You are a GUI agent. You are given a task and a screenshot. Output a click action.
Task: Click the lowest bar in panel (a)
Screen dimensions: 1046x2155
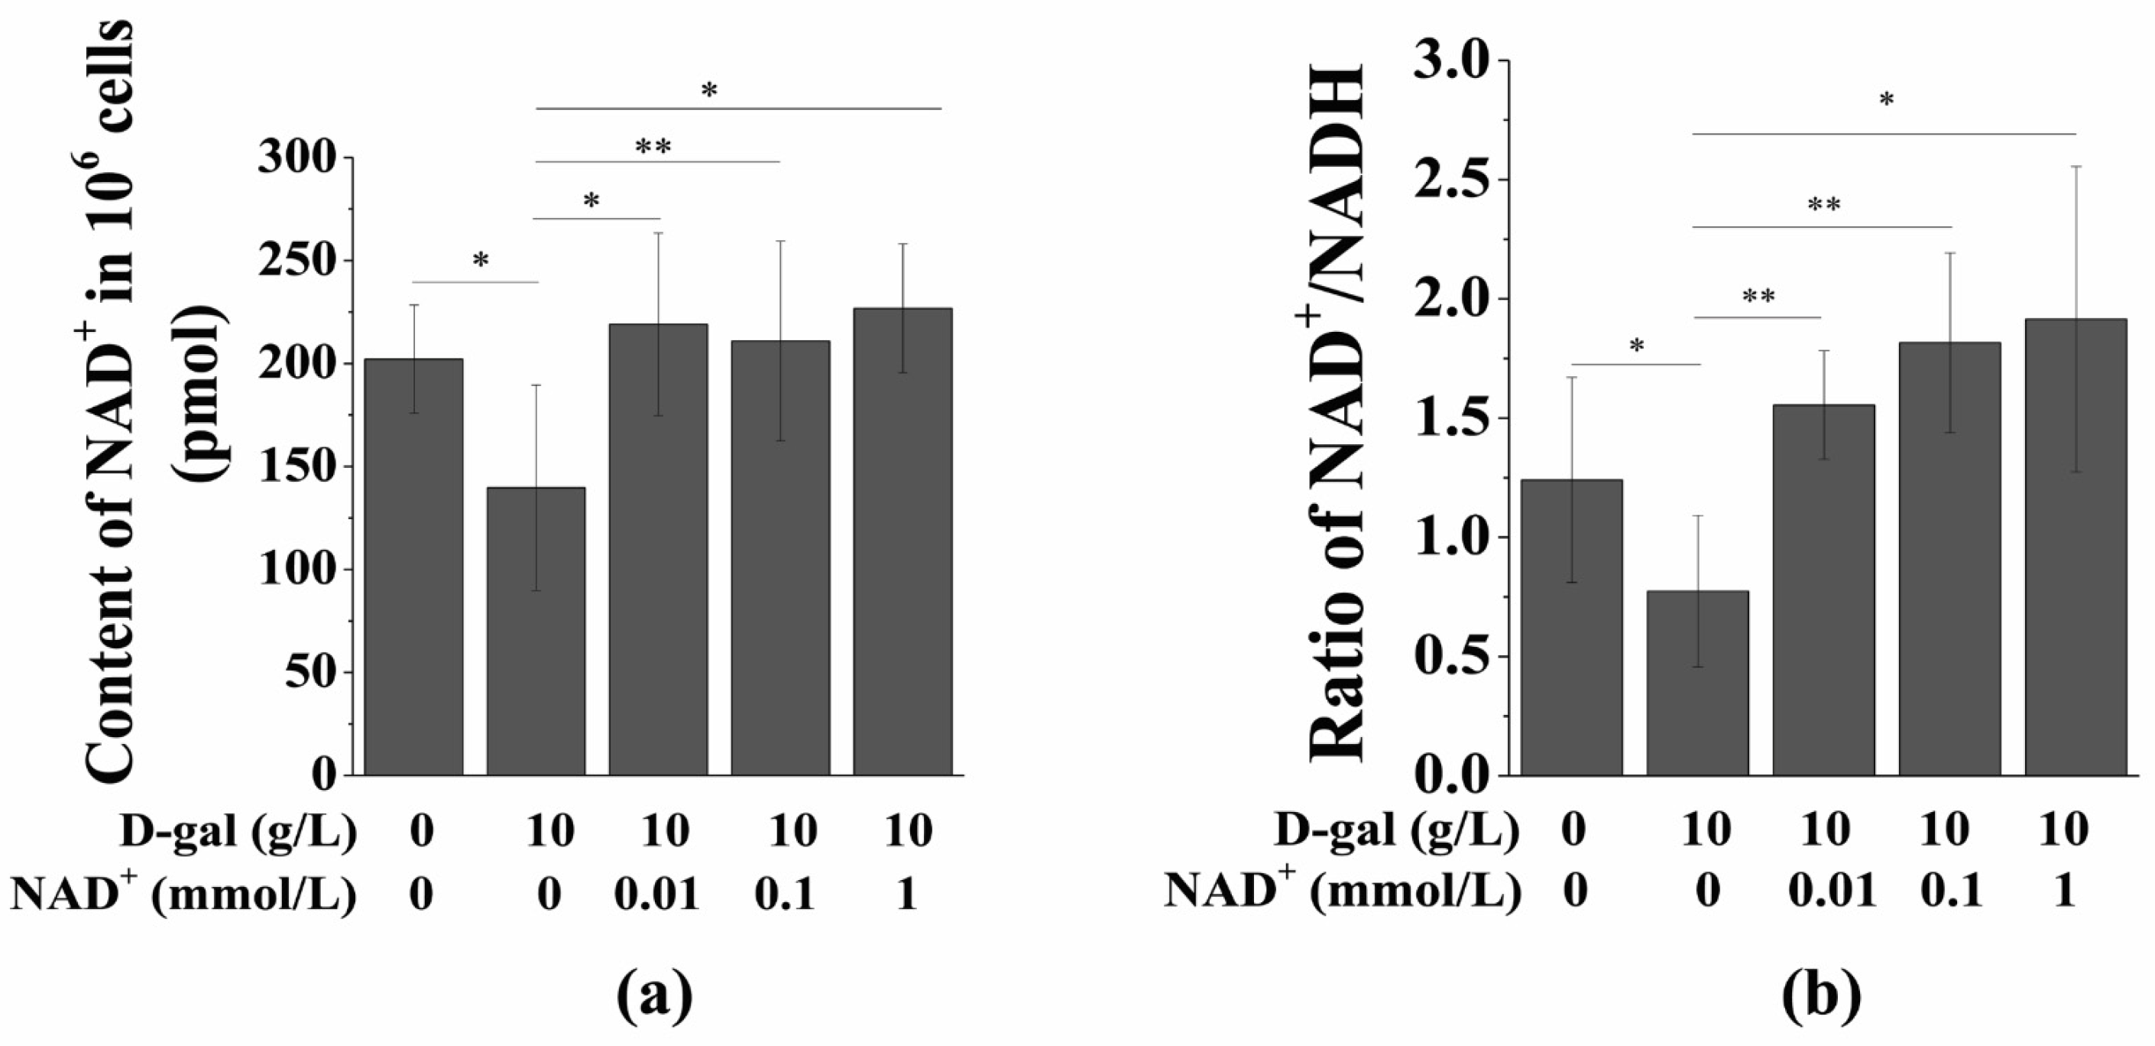coord(536,632)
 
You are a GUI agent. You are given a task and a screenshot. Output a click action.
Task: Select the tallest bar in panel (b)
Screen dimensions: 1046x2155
coord(2076,548)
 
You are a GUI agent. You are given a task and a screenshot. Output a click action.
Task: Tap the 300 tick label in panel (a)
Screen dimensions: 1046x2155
coord(297,158)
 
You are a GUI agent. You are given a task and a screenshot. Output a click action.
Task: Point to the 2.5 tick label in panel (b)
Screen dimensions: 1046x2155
coord(1451,180)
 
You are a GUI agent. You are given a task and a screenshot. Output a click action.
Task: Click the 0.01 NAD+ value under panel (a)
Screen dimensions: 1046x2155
coord(656,895)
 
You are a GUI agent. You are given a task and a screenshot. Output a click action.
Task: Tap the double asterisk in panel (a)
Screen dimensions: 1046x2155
coord(653,148)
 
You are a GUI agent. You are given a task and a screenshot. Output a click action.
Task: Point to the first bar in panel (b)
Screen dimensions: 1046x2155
coord(1571,628)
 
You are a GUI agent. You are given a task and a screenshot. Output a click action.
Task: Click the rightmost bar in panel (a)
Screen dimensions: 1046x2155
coord(903,542)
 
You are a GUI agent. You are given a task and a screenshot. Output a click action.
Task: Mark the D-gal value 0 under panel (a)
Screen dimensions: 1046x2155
coord(421,832)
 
